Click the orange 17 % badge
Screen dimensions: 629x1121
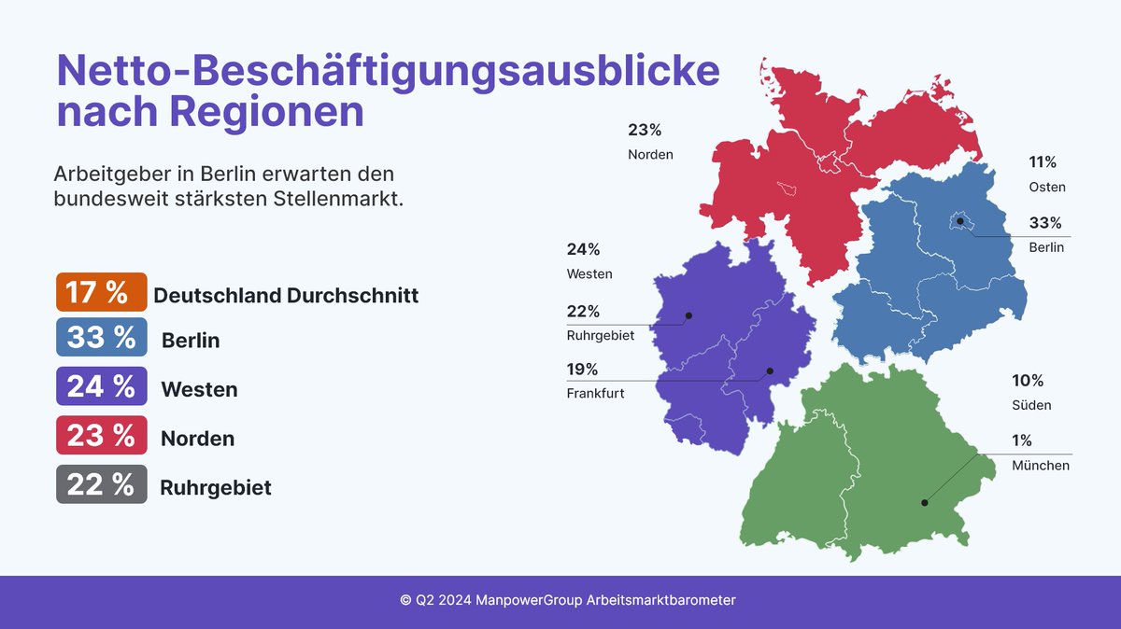[101, 292]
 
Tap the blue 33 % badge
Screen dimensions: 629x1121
[101, 337]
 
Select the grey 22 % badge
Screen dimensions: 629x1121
[101, 485]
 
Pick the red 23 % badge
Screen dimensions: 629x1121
[101, 436]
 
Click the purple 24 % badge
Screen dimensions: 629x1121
[101, 386]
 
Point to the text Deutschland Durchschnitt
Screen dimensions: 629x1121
[286, 296]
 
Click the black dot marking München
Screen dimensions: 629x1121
[925, 502]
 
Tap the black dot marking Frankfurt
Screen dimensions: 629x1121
[771, 371]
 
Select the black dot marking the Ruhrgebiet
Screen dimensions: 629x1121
[688, 315]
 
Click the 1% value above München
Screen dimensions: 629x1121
[1022, 441]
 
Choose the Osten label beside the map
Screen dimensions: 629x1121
[1047, 187]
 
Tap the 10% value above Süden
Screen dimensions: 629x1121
[1028, 381]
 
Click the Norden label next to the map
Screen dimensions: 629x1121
[650, 154]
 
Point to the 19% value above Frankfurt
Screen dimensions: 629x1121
[583, 369]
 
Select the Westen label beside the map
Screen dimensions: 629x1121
[589, 274]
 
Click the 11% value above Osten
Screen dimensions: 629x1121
[1043, 162]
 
